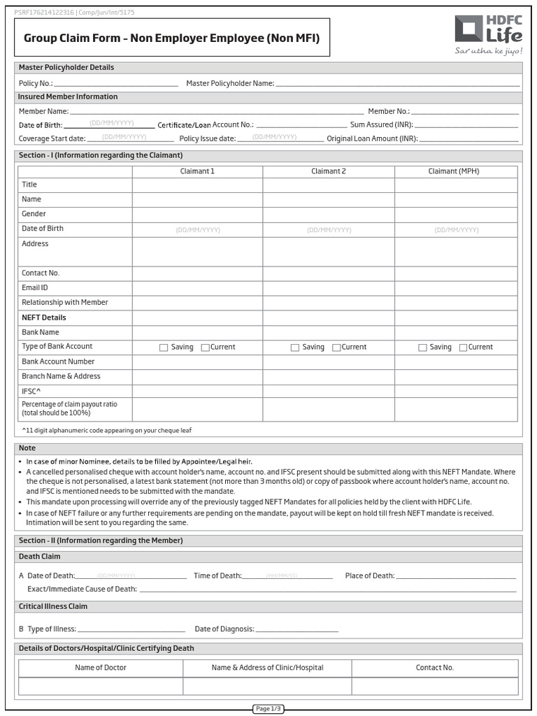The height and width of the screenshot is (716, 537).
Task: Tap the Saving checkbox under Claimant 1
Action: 164,348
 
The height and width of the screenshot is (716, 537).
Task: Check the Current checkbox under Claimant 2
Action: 336,348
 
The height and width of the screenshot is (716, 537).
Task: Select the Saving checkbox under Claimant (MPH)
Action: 422,348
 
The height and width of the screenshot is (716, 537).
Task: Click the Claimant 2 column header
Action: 329,171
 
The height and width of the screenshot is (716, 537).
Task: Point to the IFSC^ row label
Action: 31,391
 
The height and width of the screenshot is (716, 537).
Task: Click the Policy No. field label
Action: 36,83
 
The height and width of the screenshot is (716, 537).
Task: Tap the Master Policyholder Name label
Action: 230,83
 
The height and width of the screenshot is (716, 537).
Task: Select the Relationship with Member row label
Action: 64,302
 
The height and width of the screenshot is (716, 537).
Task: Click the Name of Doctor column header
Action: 101,668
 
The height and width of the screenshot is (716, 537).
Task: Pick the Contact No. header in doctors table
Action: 434,668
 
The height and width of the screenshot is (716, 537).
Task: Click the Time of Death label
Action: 217,575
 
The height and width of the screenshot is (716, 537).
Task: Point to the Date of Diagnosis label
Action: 224,629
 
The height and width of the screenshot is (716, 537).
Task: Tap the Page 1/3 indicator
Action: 268,709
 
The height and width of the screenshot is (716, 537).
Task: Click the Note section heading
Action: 27,448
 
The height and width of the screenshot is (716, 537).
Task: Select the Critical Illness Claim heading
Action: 53,607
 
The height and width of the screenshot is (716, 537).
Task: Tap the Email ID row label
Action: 35,287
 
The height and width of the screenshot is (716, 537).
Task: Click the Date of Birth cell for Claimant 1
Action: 198,229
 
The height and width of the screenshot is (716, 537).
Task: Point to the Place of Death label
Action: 370,575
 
